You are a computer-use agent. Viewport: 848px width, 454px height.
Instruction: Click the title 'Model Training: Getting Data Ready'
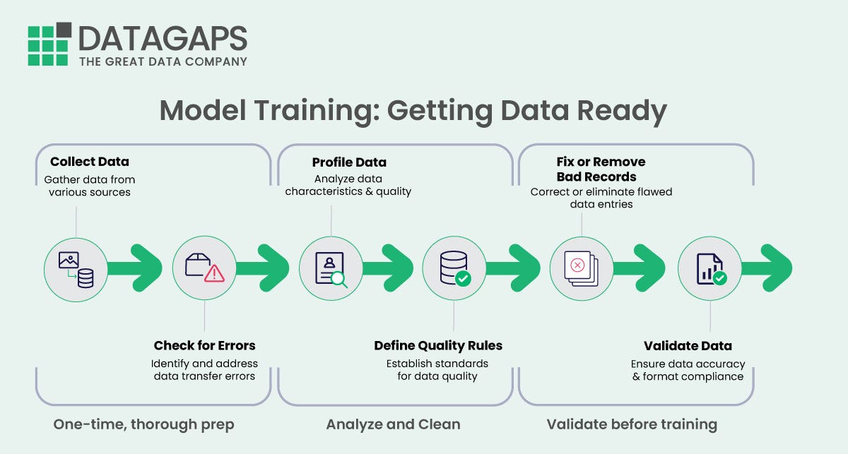coord(413,111)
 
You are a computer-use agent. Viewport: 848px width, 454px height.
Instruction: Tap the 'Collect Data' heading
coord(90,162)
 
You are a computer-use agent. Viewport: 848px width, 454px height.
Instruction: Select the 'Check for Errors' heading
coord(204,346)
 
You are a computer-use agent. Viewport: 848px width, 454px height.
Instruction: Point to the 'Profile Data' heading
coord(349,162)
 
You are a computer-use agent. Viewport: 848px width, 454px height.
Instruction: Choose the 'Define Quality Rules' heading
coord(438,346)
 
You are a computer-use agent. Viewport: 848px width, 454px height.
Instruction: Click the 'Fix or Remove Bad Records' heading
coord(601,169)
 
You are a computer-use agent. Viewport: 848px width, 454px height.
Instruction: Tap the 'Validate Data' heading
coord(688,346)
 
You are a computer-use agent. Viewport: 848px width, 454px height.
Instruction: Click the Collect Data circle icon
coord(76,269)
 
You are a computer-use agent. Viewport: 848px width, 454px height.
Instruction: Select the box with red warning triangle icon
coord(204,269)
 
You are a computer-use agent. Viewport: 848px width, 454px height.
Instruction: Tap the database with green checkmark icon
coord(454,269)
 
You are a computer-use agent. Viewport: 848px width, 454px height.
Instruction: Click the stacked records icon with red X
coord(582,269)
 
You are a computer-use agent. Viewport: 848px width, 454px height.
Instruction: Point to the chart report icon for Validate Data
coord(709,269)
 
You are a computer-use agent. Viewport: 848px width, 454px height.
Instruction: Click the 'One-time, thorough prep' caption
coord(143,424)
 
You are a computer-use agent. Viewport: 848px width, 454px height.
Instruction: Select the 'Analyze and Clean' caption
coord(393,424)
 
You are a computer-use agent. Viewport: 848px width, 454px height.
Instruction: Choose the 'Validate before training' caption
coord(632,424)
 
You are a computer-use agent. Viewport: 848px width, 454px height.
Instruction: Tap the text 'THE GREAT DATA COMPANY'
coord(163,61)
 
